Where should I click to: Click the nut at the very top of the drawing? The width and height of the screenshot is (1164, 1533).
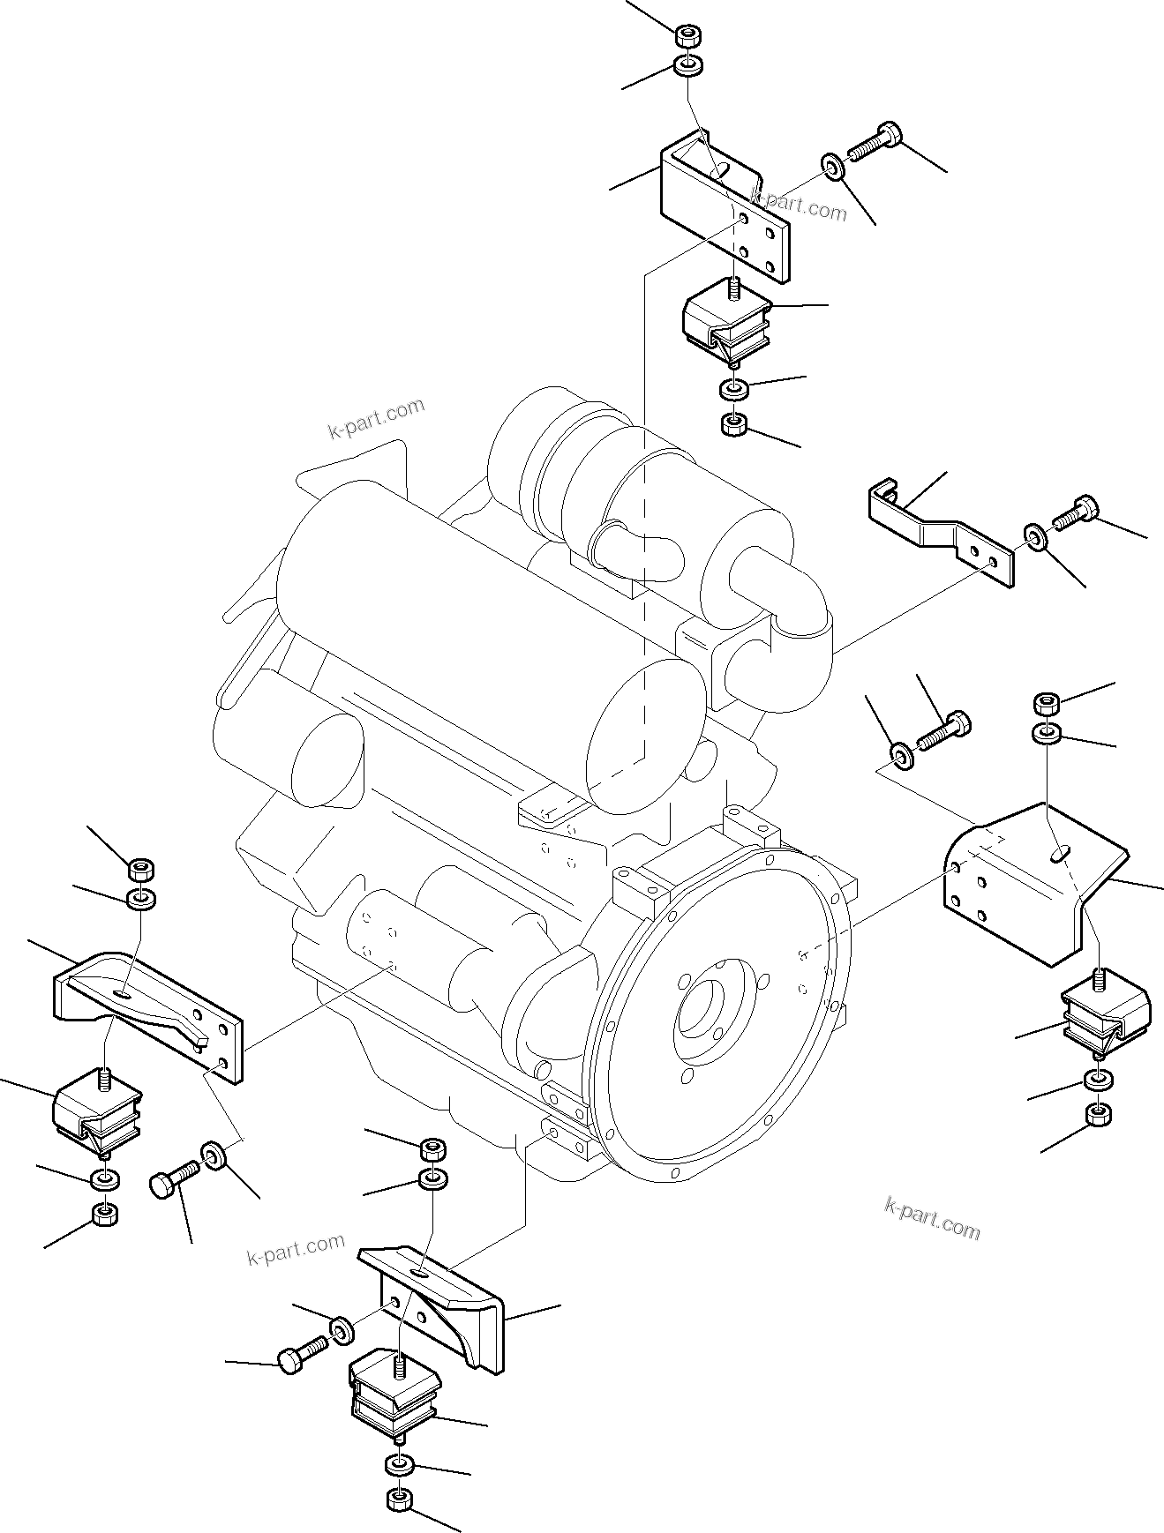688,36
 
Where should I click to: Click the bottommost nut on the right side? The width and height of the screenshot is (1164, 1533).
1099,1114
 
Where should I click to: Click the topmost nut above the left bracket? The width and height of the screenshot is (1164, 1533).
140,868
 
